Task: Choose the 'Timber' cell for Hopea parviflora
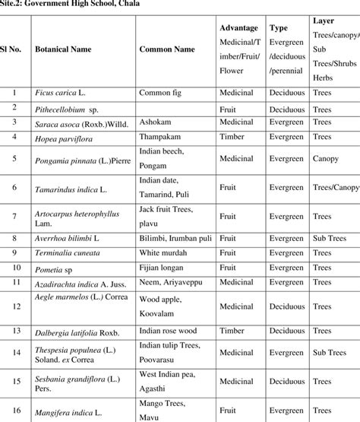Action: click(232, 137)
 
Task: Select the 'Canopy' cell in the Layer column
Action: click(325, 160)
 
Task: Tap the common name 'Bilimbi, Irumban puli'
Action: click(174, 237)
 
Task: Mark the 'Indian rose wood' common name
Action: click(167, 331)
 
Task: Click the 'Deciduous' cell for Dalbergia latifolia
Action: click(286, 331)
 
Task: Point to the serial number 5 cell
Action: click(14, 159)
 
